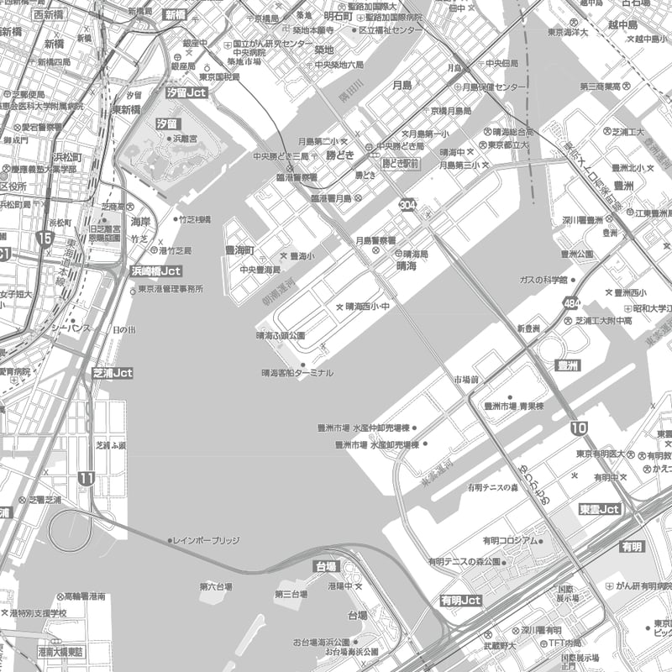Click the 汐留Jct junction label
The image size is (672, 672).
click(x=186, y=92)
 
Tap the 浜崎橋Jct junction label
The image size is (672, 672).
click(x=156, y=271)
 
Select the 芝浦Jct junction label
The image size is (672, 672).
click(x=113, y=372)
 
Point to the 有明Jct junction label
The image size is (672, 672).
click(x=460, y=601)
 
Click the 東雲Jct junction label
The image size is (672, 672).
click(x=600, y=509)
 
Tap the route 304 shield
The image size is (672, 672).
click(x=408, y=204)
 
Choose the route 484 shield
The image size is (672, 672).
click(x=572, y=302)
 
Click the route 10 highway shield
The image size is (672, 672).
click(x=578, y=428)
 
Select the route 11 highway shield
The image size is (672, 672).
click(x=86, y=478)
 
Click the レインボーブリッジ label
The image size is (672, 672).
click(x=207, y=540)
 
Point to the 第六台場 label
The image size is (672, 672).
click(x=216, y=585)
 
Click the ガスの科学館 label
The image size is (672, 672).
click(x=544, y=280)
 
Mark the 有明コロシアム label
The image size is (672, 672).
click(x=510, y=541)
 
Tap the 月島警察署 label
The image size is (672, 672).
click(x=375, y=240)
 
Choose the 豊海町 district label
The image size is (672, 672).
click(x=239, y=250)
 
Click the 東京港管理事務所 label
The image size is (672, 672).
click(x=171, y=289)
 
